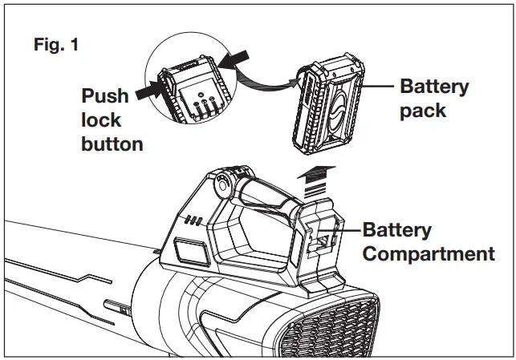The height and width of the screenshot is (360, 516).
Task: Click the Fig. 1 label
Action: pos(55,46)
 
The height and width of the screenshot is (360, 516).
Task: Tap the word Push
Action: pos(105,96)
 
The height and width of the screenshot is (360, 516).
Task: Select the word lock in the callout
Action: pos(101,120)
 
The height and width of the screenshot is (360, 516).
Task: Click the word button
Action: pos(112,144)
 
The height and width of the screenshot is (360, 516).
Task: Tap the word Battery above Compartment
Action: pos(397,231)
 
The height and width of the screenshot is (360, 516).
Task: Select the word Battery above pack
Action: pos(434,87)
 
